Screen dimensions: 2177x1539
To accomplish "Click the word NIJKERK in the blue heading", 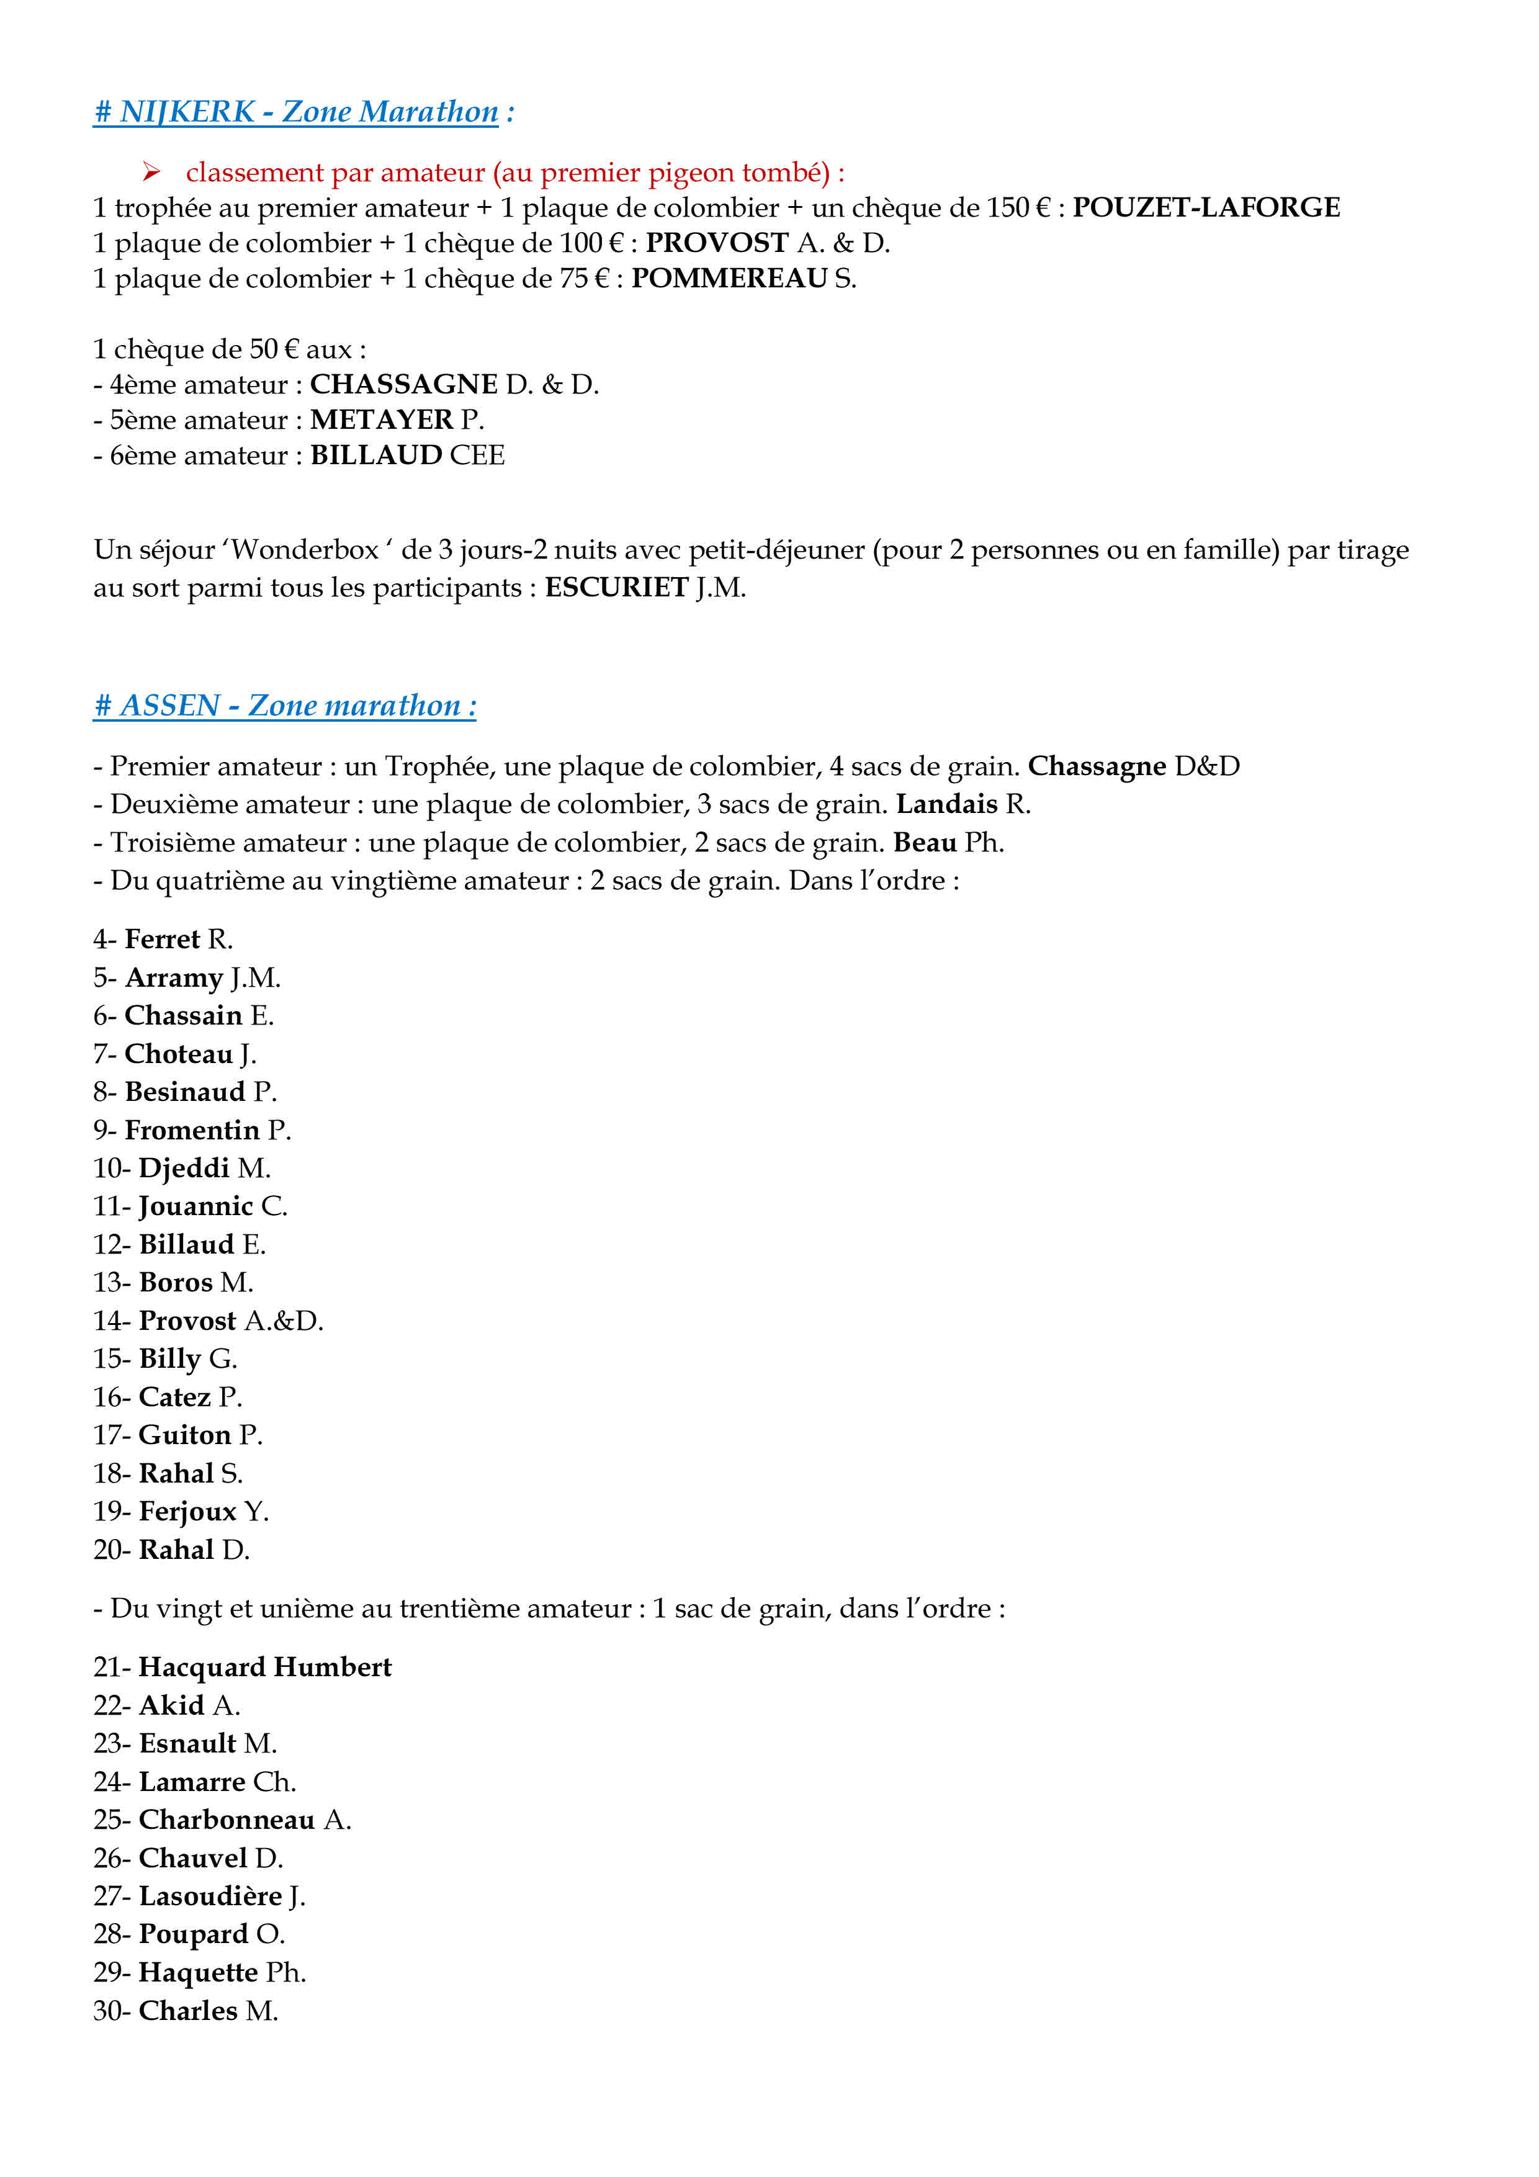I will (187, 112).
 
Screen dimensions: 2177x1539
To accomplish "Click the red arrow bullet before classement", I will (151, 173).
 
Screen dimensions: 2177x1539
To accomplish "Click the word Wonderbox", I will (304, 550).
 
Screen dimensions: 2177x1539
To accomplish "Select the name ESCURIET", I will (616, 588).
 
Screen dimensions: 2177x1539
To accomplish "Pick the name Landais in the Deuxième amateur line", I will (946, 805).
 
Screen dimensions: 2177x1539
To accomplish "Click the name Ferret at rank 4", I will (162, 940).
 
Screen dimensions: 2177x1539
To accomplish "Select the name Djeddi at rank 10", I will (184, 1168).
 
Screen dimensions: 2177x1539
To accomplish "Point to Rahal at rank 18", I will (176, 1473).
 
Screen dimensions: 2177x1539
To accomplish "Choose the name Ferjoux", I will (187, 1511).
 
